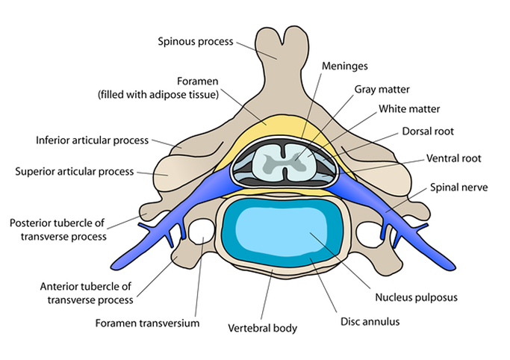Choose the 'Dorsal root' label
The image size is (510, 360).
[429, 131]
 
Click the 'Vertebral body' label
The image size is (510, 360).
[262, 328]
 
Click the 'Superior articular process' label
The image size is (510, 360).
[74, 171]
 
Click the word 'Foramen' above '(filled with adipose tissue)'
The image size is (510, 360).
[197, 81]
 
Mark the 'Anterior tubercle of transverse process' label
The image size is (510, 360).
[85, 294]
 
